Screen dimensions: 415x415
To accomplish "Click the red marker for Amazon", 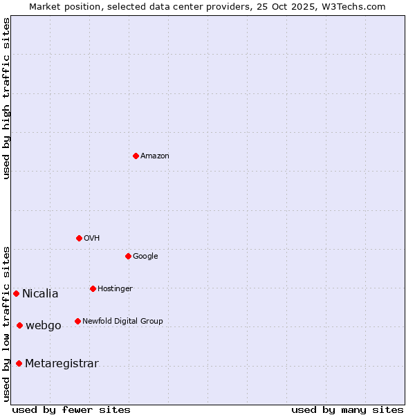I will (136, 156).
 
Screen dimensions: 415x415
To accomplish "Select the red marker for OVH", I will (79, 238).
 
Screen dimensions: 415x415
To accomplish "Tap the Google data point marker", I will (128, 256).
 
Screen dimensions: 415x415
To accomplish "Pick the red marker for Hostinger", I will (93, 288).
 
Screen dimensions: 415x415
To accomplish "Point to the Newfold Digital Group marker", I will (77, 321).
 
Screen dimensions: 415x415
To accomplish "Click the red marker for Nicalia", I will (16, 293).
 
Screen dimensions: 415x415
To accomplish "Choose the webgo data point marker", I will (19, 325).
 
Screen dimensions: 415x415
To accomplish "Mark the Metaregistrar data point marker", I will (19, 363).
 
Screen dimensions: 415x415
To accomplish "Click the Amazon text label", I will (155, 156).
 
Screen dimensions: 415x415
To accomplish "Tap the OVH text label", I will (92, 239).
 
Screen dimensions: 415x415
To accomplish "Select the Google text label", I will (145, 257).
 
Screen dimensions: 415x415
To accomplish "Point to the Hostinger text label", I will (115, 289).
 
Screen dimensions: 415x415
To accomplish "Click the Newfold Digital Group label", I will (122, 322).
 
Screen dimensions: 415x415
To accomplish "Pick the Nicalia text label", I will (40, 294).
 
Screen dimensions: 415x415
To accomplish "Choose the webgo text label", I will (44, 326).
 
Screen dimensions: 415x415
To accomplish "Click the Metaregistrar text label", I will (62, 364).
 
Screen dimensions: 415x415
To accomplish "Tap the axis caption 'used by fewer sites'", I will (71, 410).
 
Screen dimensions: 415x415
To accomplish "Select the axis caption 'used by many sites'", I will (347, 410).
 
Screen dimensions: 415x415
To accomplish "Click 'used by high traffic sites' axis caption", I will (6, 98).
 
